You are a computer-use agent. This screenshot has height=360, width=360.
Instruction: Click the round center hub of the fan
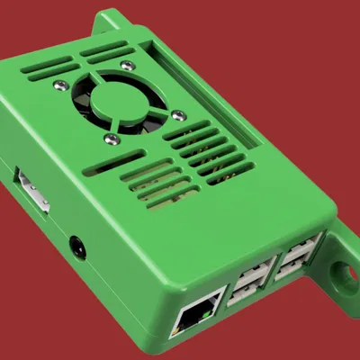tap(118, 100)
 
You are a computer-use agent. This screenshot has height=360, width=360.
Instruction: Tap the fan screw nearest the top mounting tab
tap(129, 66)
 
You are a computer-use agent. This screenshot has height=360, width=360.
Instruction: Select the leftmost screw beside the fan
tap(60, 85)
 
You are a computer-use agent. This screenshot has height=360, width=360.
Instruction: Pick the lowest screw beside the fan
tap(110, 138)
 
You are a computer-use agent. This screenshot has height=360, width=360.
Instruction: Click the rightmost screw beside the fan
tap(178, 114)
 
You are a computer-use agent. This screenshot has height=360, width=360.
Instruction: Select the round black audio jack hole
tap(78, 246)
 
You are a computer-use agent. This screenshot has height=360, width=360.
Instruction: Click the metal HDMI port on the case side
tap(32, 189)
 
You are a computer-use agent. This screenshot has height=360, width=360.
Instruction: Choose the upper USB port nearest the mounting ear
tap(303, 245)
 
